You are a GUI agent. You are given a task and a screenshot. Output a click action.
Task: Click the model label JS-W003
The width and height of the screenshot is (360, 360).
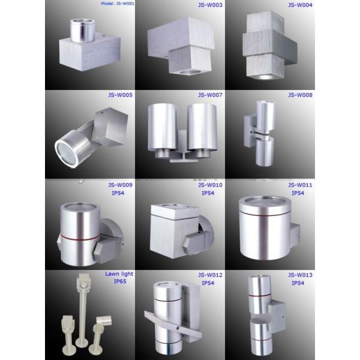tap(210, 5)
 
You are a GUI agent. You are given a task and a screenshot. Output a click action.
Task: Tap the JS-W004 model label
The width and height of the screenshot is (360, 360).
tap(300, 5)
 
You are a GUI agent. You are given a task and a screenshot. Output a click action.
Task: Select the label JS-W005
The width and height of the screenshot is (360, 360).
tap(120, 95)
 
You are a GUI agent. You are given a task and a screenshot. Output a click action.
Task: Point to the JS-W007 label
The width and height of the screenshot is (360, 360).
tap(210, 95)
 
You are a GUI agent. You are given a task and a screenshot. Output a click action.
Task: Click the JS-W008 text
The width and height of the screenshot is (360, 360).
tap(300, 95)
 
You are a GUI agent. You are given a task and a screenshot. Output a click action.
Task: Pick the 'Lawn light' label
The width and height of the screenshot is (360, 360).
tap(119, 274)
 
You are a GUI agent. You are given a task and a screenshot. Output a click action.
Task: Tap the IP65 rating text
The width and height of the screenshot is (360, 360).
tap(120, 281)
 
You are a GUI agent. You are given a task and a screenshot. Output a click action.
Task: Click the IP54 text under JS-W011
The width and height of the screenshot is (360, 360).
tap(298, 193)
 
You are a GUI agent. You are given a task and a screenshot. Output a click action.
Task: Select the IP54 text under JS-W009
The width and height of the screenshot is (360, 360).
tap(118, 193)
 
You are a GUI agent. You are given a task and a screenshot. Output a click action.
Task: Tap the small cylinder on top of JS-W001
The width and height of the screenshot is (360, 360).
tap(82, 31)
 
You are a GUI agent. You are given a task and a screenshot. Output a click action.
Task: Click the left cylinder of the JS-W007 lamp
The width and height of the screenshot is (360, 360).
tap(163, 129)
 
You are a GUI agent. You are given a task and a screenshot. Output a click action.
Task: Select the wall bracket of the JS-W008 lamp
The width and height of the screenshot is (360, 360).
tap(250, 131)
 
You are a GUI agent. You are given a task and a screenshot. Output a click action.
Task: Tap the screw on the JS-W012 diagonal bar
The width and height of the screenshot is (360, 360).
tap(176, 327)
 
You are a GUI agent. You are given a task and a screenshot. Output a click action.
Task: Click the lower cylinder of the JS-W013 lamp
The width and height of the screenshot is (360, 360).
tap(260, 335)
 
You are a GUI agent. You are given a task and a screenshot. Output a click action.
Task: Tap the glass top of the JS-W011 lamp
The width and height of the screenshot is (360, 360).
tap(265, 202)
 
